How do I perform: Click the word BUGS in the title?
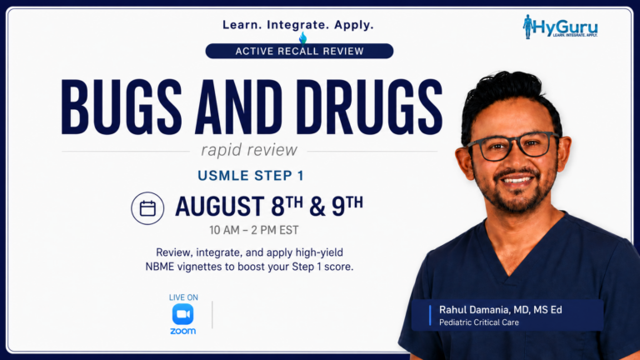(x=121, y=107)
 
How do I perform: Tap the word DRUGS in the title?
(x=369, y=107)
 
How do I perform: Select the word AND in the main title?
(x=238, y=107)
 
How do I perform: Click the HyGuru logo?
(x=560, y=27)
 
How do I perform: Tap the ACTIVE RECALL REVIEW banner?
(x=299, y=51)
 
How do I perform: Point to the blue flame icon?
(x=302, y=37)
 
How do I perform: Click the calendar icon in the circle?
(x=147, y=208)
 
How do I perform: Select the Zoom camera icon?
(x=182, y=314)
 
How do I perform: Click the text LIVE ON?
(x=183, y=297)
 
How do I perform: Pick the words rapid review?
(x=249, y=150)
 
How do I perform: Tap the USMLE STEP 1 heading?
(x=251, y=176)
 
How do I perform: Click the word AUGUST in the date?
(x=220, y=206)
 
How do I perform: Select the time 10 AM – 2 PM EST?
(x=254, y=230)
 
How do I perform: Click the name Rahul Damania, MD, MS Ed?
(x=500, y=310)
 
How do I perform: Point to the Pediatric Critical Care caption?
(x=479, y=322)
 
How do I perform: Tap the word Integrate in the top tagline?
(x=298, y=25)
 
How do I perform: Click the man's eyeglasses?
(x=513, y=146)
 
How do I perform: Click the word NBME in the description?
(x=160, y=267)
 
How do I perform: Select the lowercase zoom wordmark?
(x=182, y=331)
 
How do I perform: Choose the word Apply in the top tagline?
(x=354, y=25)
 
